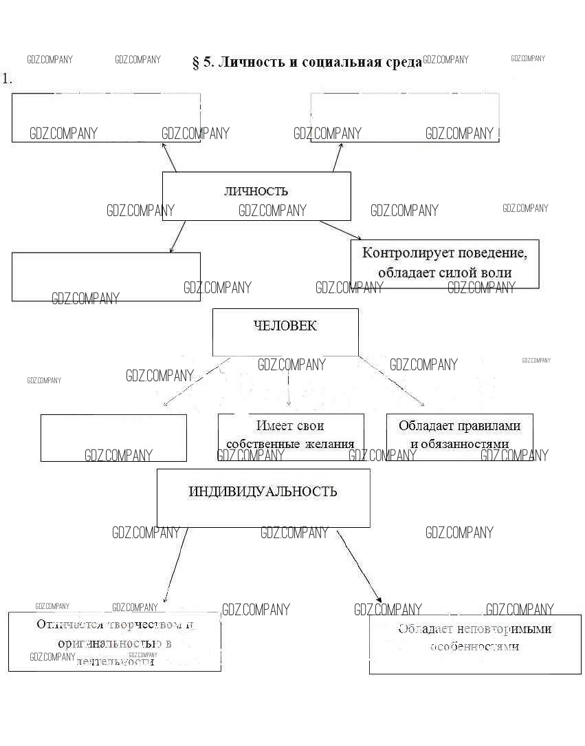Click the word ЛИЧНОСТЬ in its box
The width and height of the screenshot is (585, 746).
256,191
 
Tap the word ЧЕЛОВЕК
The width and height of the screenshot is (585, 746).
285,326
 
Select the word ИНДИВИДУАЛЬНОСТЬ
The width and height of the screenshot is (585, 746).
263,491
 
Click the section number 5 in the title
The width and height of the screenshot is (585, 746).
207,63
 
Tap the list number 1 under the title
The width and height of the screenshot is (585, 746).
8,78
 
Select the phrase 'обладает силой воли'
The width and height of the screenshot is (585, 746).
445,273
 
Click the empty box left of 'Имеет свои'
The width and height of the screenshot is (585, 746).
113,438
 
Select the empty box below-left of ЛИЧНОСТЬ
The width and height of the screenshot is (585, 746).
106,277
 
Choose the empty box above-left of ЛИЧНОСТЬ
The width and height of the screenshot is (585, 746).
106,118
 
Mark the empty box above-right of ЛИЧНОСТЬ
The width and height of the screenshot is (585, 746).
404,118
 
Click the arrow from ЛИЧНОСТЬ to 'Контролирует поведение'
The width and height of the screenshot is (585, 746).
340,230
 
